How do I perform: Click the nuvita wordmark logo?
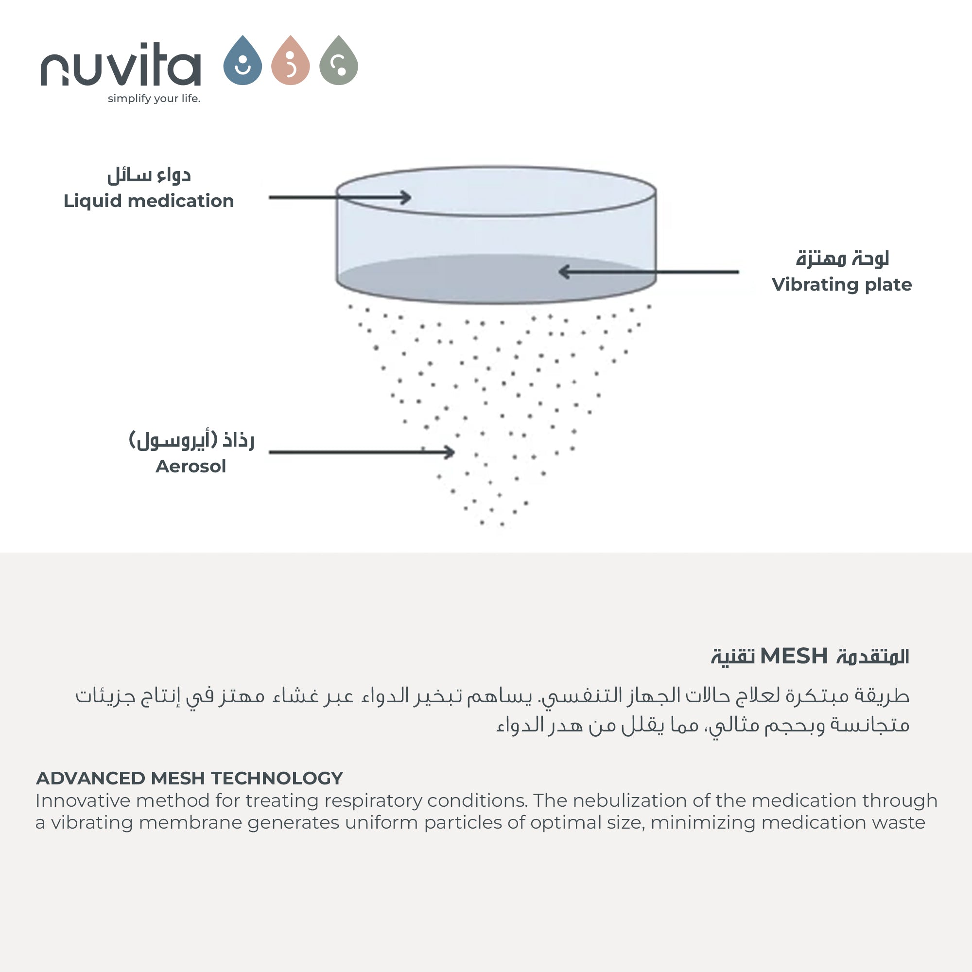[121, 66]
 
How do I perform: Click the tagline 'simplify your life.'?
[154, 99]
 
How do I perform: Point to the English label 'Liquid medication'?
[148, 201]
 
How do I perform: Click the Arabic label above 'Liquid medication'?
[149, 175]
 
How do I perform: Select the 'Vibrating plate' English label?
[841, 285]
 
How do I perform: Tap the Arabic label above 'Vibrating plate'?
[842, 258]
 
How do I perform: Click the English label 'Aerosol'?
[191, 467]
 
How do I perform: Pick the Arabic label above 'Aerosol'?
[191, 440]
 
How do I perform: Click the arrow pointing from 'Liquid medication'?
[340, 197]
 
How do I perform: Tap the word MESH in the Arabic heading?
[794, 657]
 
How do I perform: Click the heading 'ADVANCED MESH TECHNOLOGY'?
[189, 778]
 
